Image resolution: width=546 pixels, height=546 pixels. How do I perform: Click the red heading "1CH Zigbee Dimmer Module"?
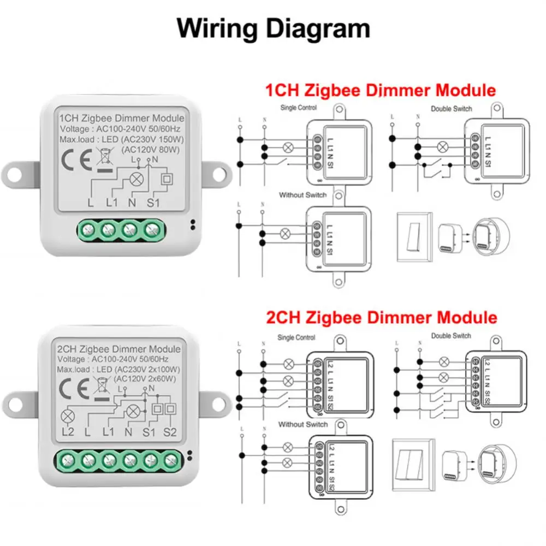pos(380,90)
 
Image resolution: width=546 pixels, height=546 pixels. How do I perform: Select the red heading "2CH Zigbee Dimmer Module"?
pos(381,317)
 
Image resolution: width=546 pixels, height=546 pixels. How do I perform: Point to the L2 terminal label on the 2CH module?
pos(68,432)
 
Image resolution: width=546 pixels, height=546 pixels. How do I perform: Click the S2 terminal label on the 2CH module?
pos(170,432)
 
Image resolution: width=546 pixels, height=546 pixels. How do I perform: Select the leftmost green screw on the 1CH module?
pos(88,229)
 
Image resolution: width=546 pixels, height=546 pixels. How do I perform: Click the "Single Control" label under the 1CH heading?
pos(298,108)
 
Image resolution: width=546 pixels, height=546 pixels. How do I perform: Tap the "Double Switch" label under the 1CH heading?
pos(452,109)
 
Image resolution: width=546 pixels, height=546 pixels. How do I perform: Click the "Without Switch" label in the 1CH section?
pos(302,195)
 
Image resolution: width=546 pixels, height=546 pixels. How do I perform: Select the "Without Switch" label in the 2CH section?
pos(303,424)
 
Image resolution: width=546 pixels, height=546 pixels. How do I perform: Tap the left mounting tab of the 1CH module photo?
pos(16,173)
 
